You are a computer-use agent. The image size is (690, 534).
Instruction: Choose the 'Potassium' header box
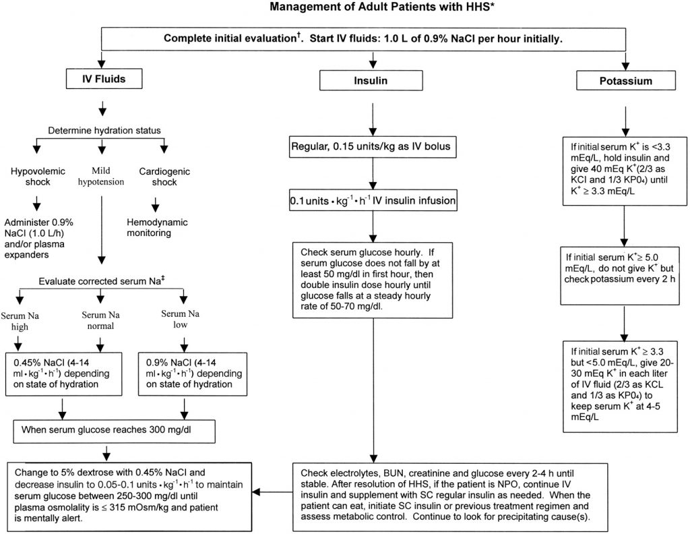click(625, 81)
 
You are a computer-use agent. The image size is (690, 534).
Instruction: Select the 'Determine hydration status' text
click(100, 129)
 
